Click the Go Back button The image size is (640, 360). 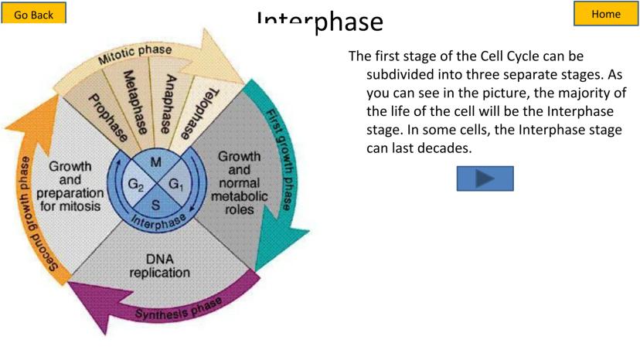coord(33,13)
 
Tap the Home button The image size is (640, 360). coord(605,13)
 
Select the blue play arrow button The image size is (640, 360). coord(485,178)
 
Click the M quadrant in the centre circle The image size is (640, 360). coord(155,163)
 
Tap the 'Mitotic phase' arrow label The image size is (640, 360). coord(134,54)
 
